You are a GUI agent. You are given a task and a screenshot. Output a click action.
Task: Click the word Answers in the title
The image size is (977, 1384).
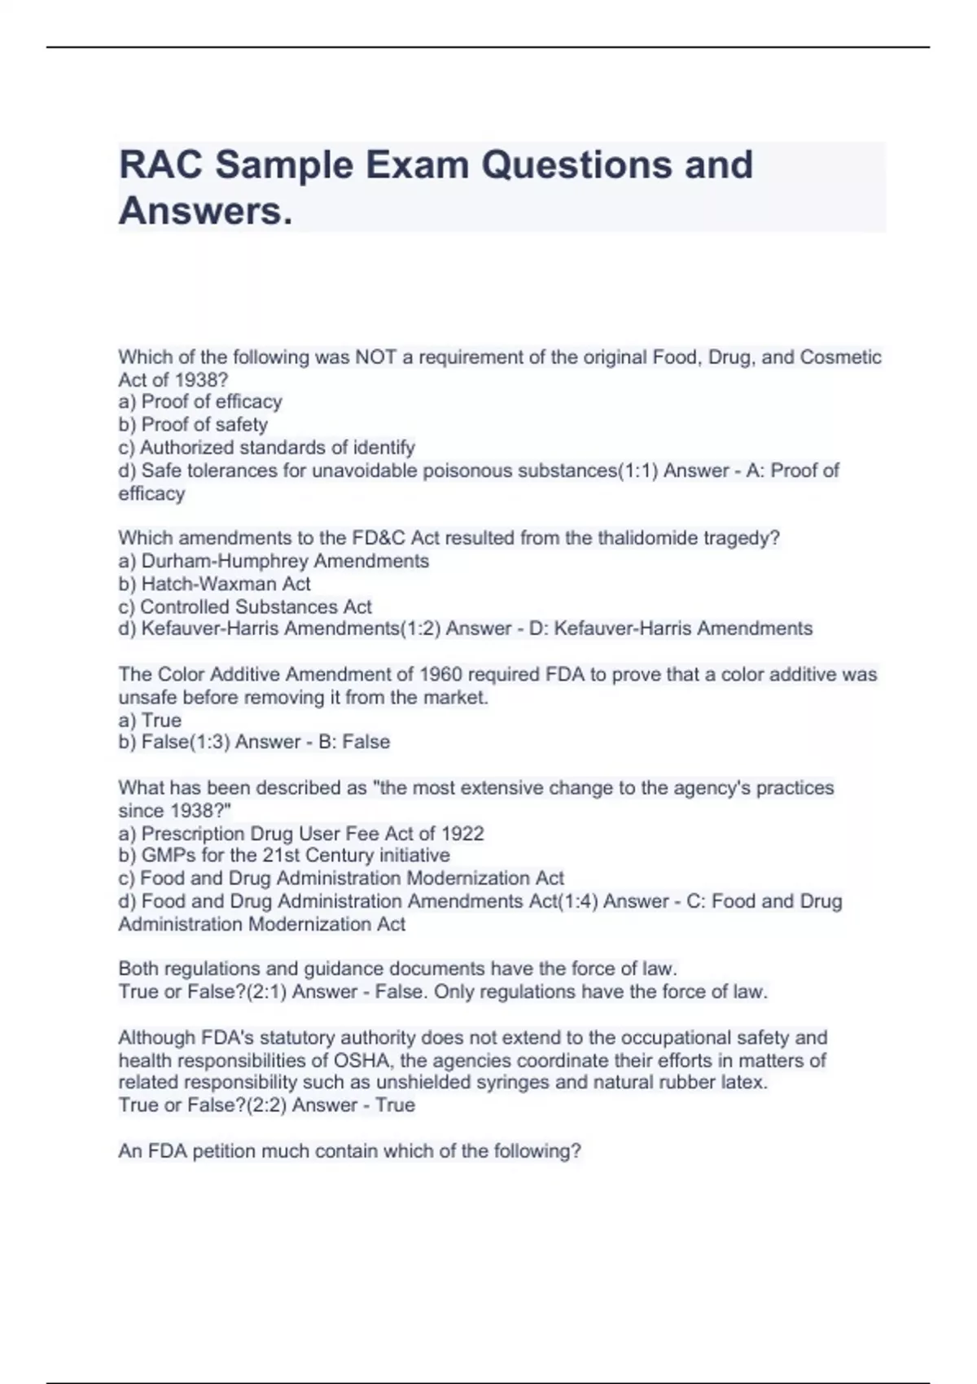(204, 212)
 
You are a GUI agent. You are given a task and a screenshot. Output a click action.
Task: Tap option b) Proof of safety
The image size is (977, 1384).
(193, 425)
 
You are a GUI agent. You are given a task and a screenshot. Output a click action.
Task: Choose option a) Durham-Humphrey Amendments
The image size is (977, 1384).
(274, 561)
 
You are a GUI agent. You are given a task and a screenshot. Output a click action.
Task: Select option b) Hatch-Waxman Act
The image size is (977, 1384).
(214, 584)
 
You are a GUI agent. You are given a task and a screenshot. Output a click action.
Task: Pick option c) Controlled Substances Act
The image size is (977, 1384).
(245, 607)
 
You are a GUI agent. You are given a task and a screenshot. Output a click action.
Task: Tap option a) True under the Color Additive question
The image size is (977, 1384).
(150, 720)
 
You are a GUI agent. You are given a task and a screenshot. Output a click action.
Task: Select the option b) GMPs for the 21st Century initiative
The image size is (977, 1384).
(284, 856)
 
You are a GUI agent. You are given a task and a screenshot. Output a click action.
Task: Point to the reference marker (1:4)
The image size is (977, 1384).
(576, 901)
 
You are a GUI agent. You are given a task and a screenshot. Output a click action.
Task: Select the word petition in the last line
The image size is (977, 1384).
(221, 1152)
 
